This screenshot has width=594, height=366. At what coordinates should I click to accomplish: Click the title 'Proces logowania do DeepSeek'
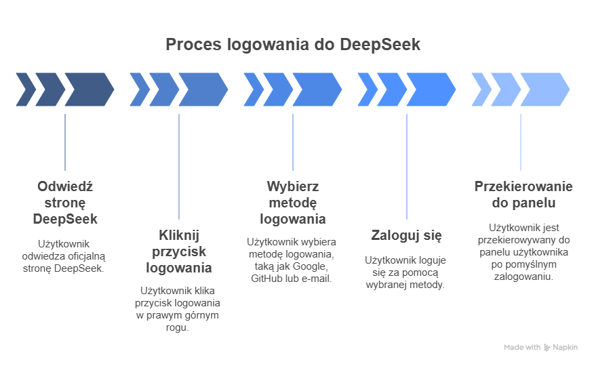[x=293, y=45]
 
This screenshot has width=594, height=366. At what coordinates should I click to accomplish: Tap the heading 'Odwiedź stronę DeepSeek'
[x=65, y=203]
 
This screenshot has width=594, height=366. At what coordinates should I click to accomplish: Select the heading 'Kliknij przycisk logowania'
[x=179, y=251]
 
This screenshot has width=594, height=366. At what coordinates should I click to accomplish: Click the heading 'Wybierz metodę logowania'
[x=293, y=203]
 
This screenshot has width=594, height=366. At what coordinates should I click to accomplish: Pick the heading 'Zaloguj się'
[x=407, y=236]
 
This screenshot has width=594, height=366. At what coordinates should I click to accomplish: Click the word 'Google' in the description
[x=312, y=266]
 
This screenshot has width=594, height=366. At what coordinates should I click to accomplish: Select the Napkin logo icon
[x=547, y=347]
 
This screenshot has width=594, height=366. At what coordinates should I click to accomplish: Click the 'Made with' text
[x=522, y=347]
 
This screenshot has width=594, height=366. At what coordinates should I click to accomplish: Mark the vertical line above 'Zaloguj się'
[x=407, y=166]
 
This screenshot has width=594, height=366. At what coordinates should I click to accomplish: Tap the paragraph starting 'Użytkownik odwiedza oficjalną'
[x=65, y=256]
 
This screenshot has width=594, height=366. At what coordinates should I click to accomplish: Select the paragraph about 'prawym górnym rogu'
[x=179, y=309]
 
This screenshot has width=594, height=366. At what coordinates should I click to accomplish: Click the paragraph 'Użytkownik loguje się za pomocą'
[x=407, y=272]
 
